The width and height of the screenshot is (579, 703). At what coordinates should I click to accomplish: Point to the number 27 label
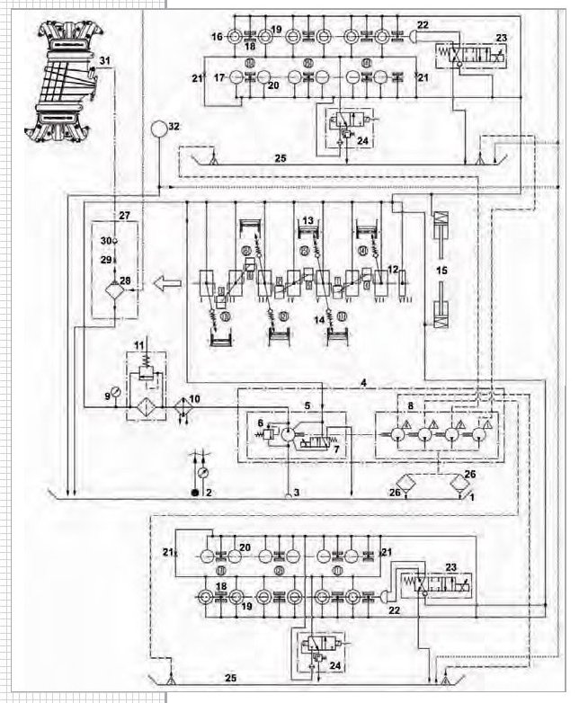pos(123,216)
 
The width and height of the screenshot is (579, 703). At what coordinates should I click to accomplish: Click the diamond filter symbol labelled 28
pos(114,290)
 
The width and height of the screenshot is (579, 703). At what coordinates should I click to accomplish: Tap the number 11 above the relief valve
pos(138,345)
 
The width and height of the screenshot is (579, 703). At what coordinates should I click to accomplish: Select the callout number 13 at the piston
pos(307,220)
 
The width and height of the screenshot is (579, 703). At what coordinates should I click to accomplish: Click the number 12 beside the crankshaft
pos(392,268)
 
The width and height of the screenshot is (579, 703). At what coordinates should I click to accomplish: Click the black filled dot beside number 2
pos(193,493)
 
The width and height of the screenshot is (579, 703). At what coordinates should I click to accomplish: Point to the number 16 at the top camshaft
pos(216,37)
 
